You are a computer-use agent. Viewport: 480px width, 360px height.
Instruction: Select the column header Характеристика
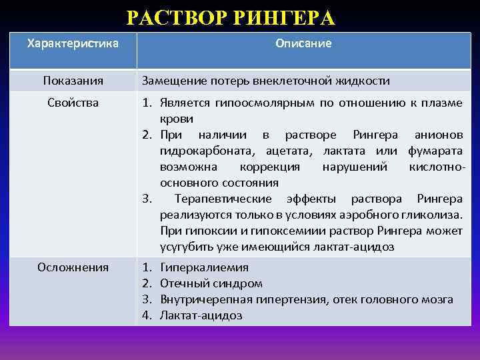pyautogui.click(x=73, y=43)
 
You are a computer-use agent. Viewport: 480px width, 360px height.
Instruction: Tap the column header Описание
pyautogui.click(x=303, y=43)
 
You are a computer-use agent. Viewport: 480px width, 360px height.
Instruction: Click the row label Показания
pyautogui.click(x=73, y=81)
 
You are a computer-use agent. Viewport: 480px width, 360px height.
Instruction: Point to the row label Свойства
pyautogui.click(x=73, y=103)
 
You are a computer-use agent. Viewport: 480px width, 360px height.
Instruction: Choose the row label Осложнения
pyautogui.click(x=73, y=267)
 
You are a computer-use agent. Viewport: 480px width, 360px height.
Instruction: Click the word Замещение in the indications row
pyautogui.click(x=169, y=81)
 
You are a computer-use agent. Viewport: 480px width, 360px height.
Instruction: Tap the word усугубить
pyautogui.click(x=182, y=247)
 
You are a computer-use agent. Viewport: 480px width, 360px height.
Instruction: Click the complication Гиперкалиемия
pyautogui.click(x=204, y=267)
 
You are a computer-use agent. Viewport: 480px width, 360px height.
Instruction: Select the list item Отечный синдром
pyautogui.click(x=211, y=283)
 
